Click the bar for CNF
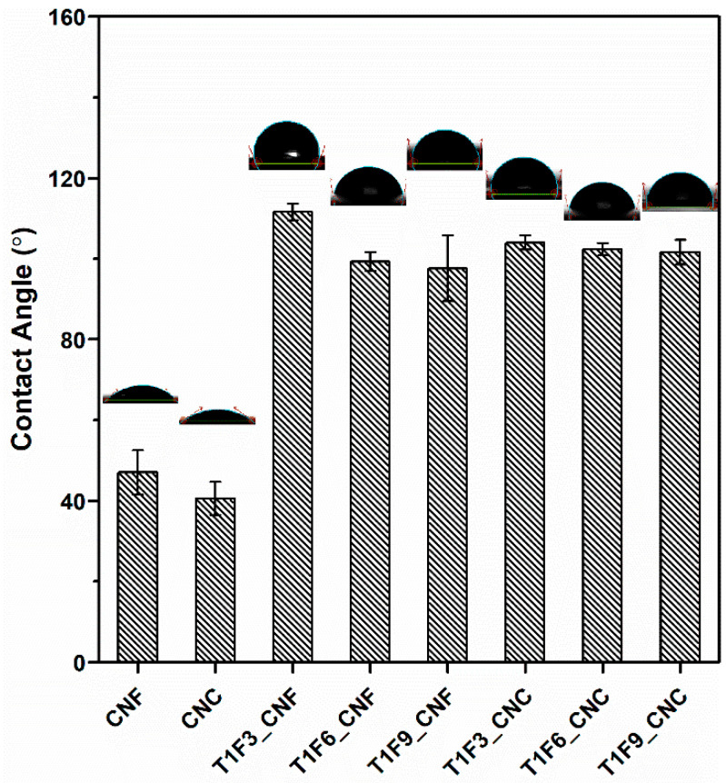(137, 567)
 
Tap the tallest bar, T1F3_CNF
(293, 437)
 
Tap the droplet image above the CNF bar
(140, 394)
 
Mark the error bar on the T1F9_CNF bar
(447, 268)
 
